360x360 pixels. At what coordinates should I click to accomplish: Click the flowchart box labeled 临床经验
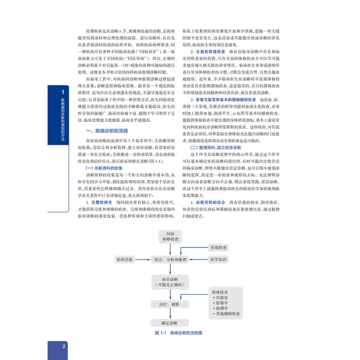(x=125, y=258)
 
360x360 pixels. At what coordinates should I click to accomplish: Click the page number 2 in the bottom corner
(x=65, y=346)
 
